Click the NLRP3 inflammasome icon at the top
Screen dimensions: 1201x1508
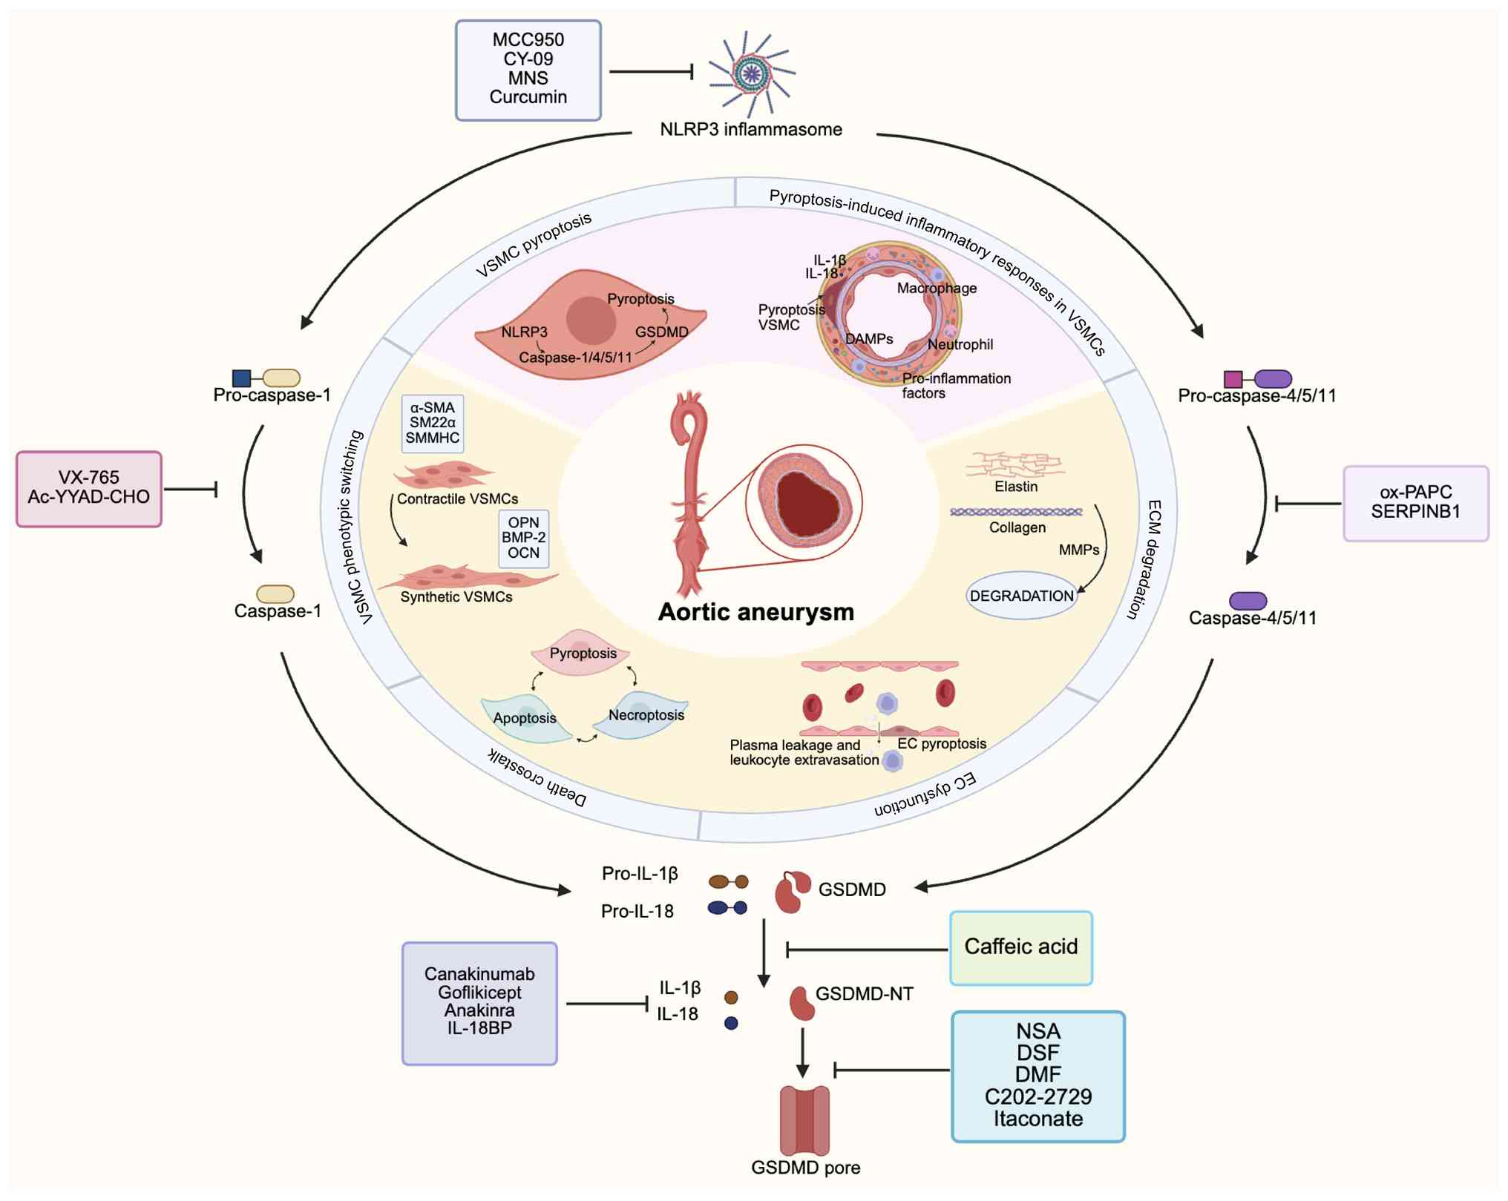751,72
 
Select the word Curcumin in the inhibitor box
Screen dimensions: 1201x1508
528,97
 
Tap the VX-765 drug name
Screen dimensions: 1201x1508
88,477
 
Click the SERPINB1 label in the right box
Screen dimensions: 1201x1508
1415,511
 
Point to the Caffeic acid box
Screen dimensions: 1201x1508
1020,947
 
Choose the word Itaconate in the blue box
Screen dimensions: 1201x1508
1037,1119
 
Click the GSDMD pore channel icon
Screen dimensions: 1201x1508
804,1120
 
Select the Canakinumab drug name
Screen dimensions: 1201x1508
479,973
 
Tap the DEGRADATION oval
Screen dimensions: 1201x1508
1021,596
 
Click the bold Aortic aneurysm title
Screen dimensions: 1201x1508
755,612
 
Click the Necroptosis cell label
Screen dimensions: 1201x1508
646,715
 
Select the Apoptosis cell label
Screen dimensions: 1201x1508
524,718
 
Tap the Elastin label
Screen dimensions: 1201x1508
1016,487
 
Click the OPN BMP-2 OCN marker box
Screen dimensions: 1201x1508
523,538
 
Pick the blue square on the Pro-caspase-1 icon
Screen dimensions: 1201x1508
241,378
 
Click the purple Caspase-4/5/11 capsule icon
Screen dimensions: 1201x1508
1248,600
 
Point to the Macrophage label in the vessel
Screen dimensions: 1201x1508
937,288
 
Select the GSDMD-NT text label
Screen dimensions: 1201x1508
864,994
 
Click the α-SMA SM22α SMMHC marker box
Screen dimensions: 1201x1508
432,423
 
